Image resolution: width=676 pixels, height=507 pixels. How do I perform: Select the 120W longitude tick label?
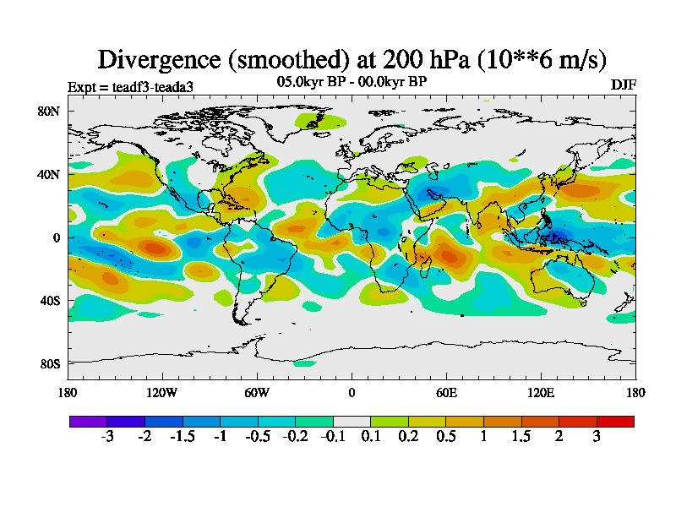tap(162, 392)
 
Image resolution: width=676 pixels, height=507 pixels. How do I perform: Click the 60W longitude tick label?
tap(257, 392)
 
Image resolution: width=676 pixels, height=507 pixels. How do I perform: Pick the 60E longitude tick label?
tap(446, 392)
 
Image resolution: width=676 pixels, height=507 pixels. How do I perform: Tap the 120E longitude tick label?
tap(541, 392)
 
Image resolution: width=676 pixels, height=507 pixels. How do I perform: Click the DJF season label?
tap(623, 84)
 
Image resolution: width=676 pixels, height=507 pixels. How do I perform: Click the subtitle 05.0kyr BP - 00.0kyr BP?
tap(352, 81)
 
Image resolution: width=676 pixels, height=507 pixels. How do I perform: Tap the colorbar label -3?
tap(107, 436)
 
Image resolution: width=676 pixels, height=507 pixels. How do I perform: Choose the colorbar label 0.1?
tap(371, 436)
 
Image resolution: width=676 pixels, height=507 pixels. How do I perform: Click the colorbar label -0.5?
tap(257, 436)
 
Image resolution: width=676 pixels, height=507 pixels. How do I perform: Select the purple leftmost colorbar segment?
tap(89, 421)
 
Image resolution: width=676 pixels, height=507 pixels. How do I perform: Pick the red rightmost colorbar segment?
tap(615, 421)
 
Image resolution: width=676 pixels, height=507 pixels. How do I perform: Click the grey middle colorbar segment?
tap(352, 421)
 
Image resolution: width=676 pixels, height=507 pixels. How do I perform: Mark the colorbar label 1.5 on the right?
tap(521, 436)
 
